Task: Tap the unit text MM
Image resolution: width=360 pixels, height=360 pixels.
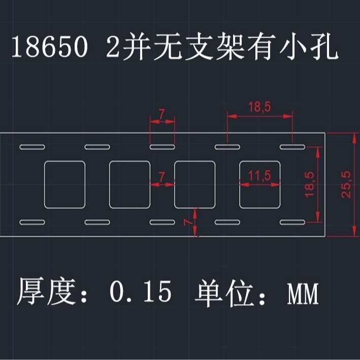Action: (303, 293)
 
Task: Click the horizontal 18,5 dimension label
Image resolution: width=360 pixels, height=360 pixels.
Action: (259, 108)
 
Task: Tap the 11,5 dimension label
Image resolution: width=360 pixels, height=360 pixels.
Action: (259, 176)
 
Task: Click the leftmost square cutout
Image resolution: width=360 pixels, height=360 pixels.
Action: (64, 184)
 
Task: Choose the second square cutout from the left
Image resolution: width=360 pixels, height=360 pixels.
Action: (129, 184)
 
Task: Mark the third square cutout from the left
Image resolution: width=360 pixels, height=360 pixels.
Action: (194, 184)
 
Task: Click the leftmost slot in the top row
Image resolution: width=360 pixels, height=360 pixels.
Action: (32, 147)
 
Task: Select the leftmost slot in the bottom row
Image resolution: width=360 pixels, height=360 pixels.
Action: (32, 222)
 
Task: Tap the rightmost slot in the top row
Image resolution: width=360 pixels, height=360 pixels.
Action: (292, 147)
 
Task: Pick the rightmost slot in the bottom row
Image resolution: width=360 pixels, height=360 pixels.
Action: (292, 222)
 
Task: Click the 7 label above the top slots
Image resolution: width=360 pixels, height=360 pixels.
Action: (161, 115)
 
